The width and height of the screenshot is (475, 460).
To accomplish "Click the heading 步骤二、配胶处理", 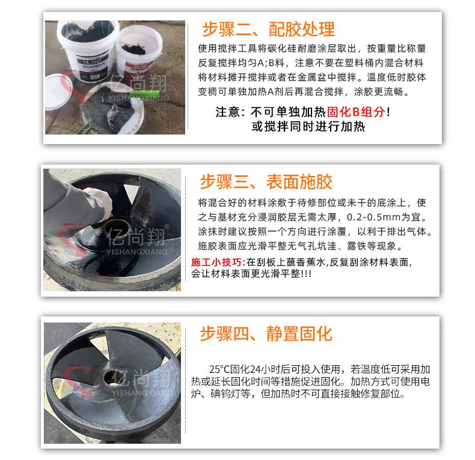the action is click(268, 29).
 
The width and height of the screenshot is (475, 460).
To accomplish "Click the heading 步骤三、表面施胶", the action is click(266, 182).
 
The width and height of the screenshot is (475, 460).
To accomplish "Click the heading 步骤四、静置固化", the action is click(266, 334).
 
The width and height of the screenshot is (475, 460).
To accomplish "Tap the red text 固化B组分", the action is click(356, 112).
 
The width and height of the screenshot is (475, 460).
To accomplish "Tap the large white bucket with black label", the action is click(87, 50).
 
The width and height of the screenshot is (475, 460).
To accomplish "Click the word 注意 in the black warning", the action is click(227, 112).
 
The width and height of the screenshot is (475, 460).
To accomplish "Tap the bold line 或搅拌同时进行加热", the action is click(308, 126).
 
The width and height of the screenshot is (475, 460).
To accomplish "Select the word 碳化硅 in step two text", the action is click(283, 49).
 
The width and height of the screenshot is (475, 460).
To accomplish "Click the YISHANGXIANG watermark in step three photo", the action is click(136, 252).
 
